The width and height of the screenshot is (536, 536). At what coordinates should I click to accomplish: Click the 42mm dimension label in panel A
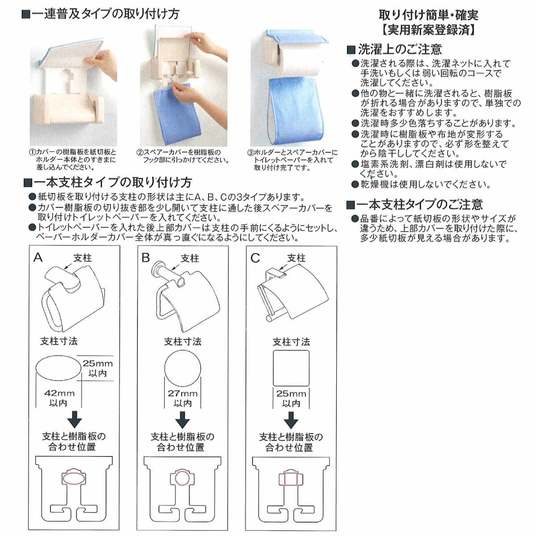coord(59,394)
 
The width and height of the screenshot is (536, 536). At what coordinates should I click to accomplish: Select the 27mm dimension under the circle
coord(182,394)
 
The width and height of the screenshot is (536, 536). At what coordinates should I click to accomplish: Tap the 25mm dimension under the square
coord(291,394)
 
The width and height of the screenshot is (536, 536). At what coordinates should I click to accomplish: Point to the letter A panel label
coord(38,258)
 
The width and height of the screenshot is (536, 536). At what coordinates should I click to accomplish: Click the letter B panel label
coord(146,258)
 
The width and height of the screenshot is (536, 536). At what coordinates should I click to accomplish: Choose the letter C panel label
coord(255,258)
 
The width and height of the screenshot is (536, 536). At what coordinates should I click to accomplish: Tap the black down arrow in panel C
coord(291,420)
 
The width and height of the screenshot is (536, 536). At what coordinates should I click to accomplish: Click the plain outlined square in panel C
coord(291,368)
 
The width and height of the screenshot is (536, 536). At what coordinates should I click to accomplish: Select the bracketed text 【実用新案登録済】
coord(429,30)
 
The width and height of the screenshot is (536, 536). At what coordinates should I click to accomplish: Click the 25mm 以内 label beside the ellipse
coord(97,368)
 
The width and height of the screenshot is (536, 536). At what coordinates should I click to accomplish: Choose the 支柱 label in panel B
coord(190,258)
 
